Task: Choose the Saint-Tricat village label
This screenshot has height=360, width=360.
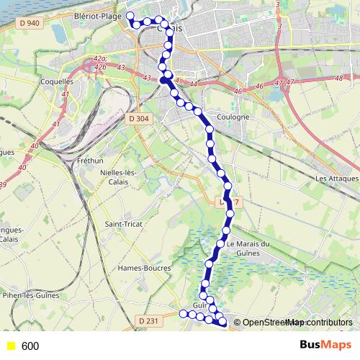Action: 123,225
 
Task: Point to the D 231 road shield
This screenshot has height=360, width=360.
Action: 148,320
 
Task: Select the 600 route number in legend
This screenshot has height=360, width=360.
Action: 30,346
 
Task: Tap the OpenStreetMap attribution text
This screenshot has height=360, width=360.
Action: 297,323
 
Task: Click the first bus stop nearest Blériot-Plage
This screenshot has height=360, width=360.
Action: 130,15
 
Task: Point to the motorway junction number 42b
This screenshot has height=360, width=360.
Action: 99,67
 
